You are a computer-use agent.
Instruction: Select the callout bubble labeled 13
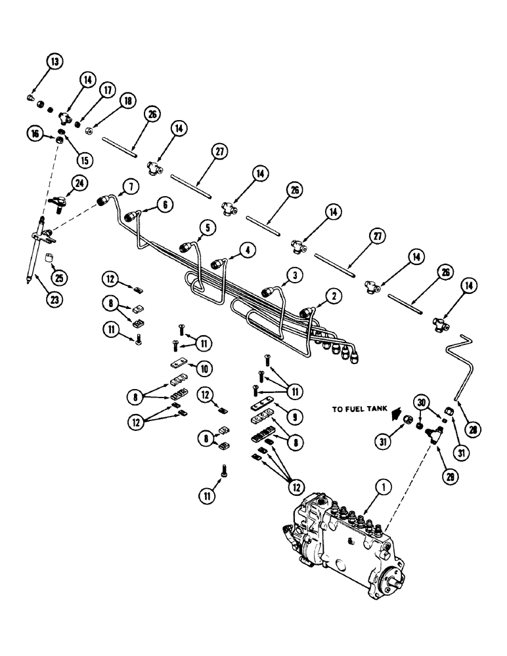(x=56, y=62)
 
